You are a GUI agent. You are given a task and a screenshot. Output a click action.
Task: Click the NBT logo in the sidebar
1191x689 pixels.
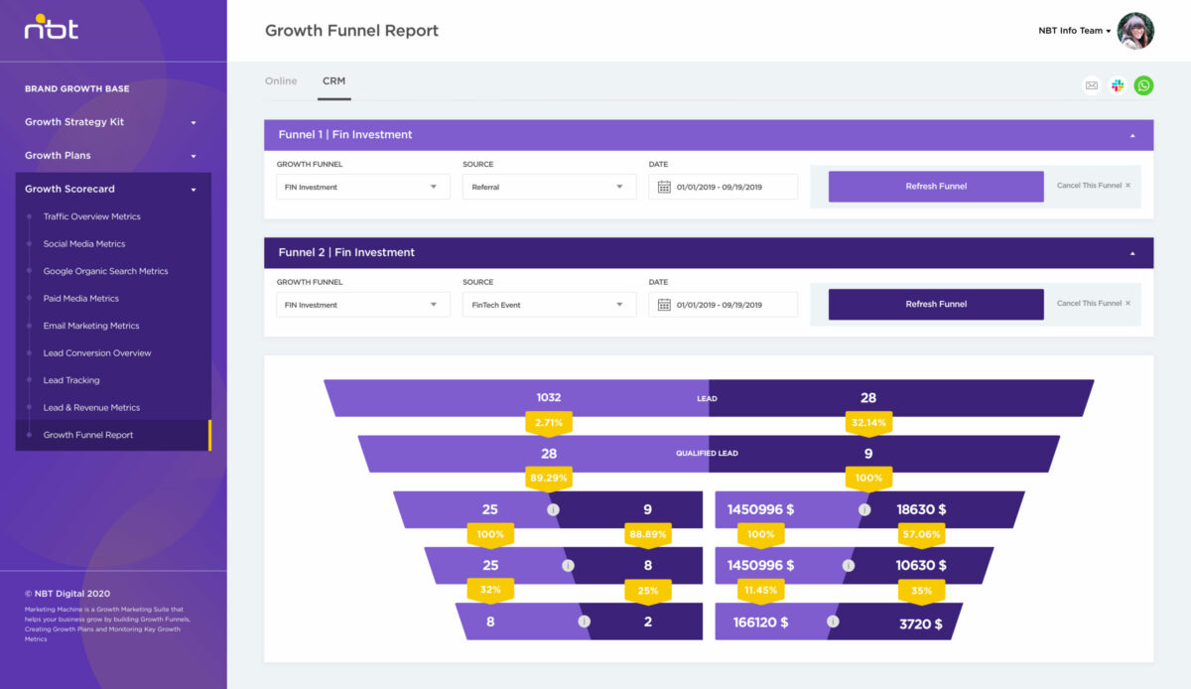pos(51,28)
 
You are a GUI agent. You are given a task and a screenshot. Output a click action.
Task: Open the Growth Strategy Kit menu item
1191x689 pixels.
pos(74,122)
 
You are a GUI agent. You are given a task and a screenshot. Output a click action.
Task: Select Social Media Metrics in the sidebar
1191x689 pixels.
pos(84,243)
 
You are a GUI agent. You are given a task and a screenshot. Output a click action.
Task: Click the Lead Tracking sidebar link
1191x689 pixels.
pos(71,380)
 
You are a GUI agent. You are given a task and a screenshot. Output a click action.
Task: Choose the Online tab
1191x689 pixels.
pos(281,81)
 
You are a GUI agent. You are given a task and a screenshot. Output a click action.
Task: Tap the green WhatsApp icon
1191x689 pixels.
pos(1144,85)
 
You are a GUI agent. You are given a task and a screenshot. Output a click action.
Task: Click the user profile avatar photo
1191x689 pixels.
pos(1135,31)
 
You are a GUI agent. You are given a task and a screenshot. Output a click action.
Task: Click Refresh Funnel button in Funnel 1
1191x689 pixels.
pos(936,187)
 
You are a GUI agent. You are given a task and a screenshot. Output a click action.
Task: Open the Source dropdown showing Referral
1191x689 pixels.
pos(549,187)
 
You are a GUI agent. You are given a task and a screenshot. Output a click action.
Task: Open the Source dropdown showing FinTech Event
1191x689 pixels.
pos(549,305)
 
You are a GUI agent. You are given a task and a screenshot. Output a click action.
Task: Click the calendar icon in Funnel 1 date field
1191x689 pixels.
pos(665,187)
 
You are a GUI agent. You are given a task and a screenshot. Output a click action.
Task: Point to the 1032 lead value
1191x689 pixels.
pos(549,397)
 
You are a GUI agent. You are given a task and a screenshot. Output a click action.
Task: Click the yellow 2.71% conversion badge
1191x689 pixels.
pos(549,423)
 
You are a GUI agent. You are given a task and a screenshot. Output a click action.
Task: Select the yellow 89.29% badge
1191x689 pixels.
pos(549,478)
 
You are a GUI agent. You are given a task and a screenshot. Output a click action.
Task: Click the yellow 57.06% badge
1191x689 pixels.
pos(921,534)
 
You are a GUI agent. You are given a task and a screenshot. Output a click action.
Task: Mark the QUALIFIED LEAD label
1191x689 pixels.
pos(708,454)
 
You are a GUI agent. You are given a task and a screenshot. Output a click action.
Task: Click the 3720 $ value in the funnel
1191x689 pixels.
pos(921,623)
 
